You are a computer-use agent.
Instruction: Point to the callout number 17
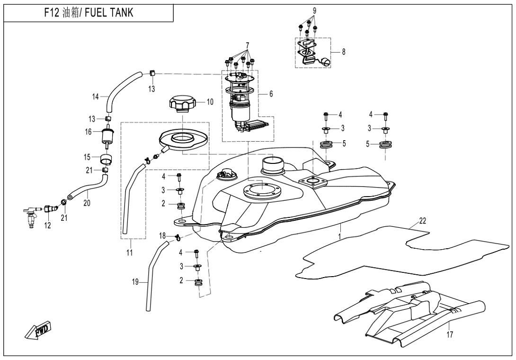450,334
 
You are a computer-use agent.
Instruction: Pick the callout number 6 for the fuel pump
271,94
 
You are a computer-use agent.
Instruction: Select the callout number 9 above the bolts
314,10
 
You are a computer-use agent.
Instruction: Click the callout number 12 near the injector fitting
47,225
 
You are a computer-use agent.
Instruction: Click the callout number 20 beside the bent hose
85,202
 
